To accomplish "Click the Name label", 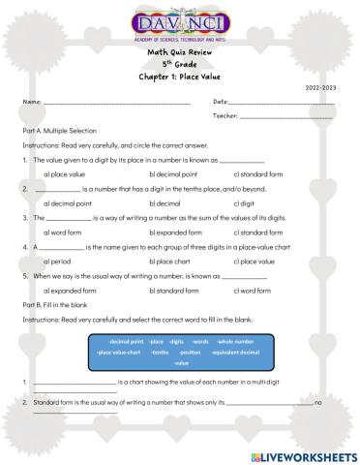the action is [31, 101].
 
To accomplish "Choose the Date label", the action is [220, 101].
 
